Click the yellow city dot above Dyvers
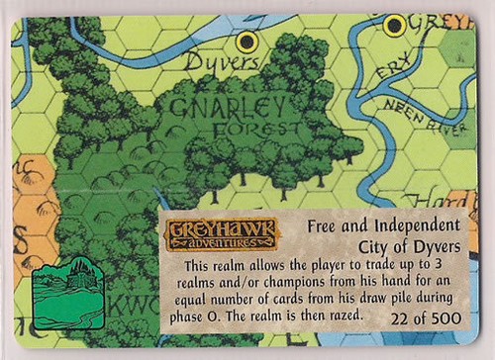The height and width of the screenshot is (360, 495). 247,42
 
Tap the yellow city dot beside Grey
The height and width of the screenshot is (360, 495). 394,25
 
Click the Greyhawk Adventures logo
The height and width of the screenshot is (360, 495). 208,234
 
